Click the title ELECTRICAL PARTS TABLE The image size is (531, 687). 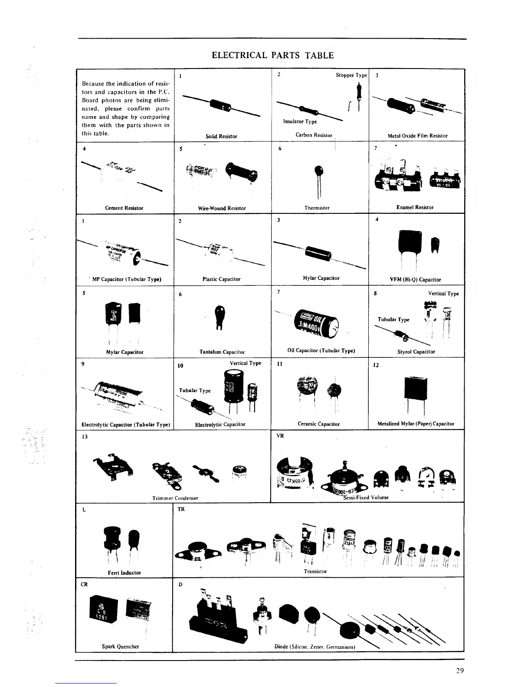pos(272,56)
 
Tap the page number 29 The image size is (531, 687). pos(460,671)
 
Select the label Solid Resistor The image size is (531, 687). pos(221,136)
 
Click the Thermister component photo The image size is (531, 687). pos(320,173)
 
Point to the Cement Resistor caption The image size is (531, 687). pos(124,208)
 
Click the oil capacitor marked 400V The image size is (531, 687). pos(316,324)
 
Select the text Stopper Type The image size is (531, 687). pos(351,75)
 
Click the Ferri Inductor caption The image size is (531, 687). pos(124,572)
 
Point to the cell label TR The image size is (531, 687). pos(181,509)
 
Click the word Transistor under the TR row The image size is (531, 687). pos(315,571)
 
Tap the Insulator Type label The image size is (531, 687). pos(300,121)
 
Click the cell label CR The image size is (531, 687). pos(84,584)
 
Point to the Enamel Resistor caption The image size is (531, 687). pos(415,207)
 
